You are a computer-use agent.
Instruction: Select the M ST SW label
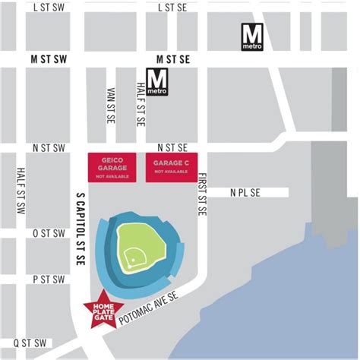pos(49,58)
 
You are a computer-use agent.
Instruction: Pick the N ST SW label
pos(49,147)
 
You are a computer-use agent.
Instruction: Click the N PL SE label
pos(245,194)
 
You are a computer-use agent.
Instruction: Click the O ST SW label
pos(49,234)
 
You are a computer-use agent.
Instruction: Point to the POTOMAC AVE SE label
pos(151,308)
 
